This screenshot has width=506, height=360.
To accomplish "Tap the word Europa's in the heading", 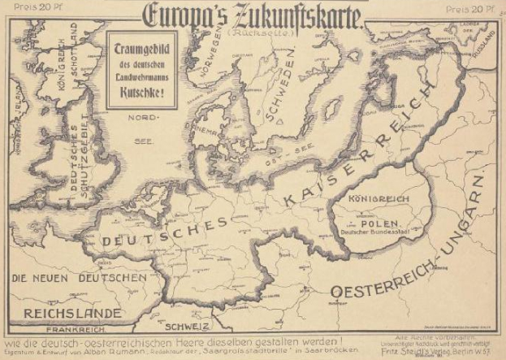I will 178,13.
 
